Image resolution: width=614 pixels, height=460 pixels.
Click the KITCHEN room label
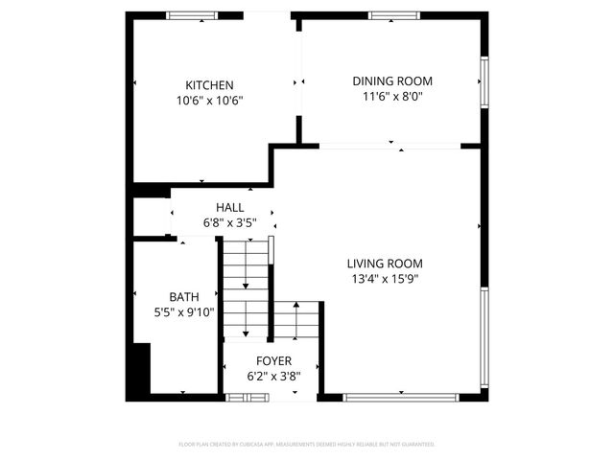tap(209, 85)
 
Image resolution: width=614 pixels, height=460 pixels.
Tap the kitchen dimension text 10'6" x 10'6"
tap(209, 100)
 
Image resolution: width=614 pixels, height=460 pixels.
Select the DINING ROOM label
tap(392, 81)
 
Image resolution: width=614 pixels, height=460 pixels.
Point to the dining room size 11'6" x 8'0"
tap(392, 96)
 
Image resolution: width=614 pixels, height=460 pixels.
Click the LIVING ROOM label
tap(385, 264)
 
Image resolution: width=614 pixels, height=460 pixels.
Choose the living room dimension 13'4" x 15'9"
tap(385, 279)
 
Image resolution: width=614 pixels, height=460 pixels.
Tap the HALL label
tap(229, 207)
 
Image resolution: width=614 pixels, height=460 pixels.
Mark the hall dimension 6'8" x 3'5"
tap(229, 222)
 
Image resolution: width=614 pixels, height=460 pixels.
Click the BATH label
tap(184, 297)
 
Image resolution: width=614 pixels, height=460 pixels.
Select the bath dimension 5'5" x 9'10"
tap(184, 311)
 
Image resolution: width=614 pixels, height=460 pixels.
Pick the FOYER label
tap(273, 361)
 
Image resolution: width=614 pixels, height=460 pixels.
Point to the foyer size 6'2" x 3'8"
tap(273, 377)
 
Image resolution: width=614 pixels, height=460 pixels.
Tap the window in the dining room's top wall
tap(393, 15)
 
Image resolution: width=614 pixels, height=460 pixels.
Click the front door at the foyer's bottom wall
tap(240, 396)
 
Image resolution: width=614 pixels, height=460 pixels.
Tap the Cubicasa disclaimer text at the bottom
tap(307, 445)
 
